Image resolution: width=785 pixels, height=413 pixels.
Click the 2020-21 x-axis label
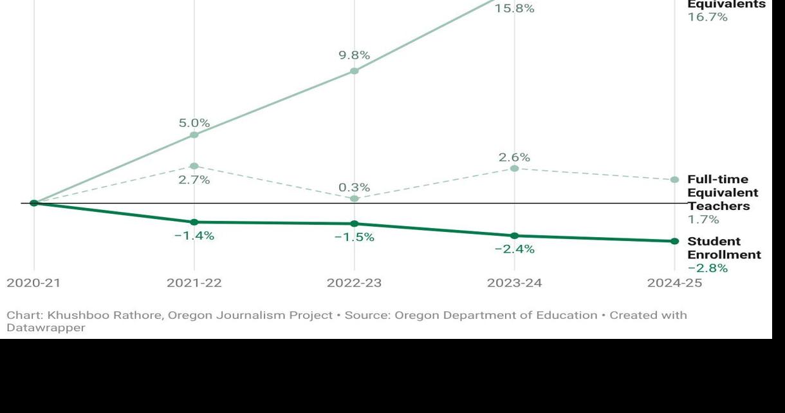pos(34,283)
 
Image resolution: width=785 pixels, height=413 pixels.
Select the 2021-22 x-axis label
pos(194,283)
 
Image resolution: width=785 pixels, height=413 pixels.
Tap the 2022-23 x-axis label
pos(354,283)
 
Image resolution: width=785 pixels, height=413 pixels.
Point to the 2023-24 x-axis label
pos(514,283)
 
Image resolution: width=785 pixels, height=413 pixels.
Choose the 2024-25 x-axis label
pos(674,283)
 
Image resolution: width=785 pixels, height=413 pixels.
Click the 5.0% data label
pos(194,122)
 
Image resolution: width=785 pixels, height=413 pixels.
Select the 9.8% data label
pos(355,55)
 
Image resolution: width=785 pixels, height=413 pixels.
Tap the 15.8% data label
pos(514,9)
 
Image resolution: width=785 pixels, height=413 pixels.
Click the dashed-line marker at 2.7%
pos(194,166)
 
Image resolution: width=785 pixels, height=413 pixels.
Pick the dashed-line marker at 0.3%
pos(355,198)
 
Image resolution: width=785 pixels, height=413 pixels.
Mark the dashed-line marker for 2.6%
pos(514,168)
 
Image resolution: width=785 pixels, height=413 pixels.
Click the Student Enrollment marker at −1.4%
pos(194,222)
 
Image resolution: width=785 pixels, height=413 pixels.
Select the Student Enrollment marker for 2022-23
pos(355,224)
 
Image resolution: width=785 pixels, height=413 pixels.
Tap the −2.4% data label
pos(514,249)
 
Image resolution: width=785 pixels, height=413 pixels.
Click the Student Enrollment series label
pos(723,248)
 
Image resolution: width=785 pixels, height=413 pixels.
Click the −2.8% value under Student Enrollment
pos(707,268)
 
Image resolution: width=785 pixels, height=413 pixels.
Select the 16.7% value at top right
pos(707,17)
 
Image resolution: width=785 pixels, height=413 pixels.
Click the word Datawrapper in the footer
pos(46,328)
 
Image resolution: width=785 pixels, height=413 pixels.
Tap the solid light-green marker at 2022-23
pos(355,71)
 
